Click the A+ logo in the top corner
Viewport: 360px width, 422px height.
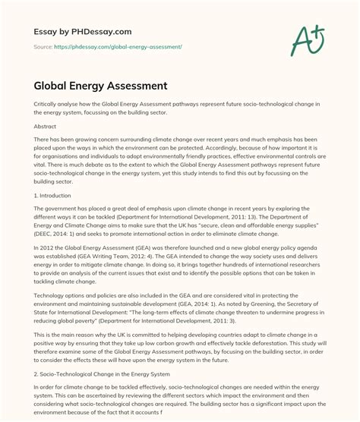pos(312,35)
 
